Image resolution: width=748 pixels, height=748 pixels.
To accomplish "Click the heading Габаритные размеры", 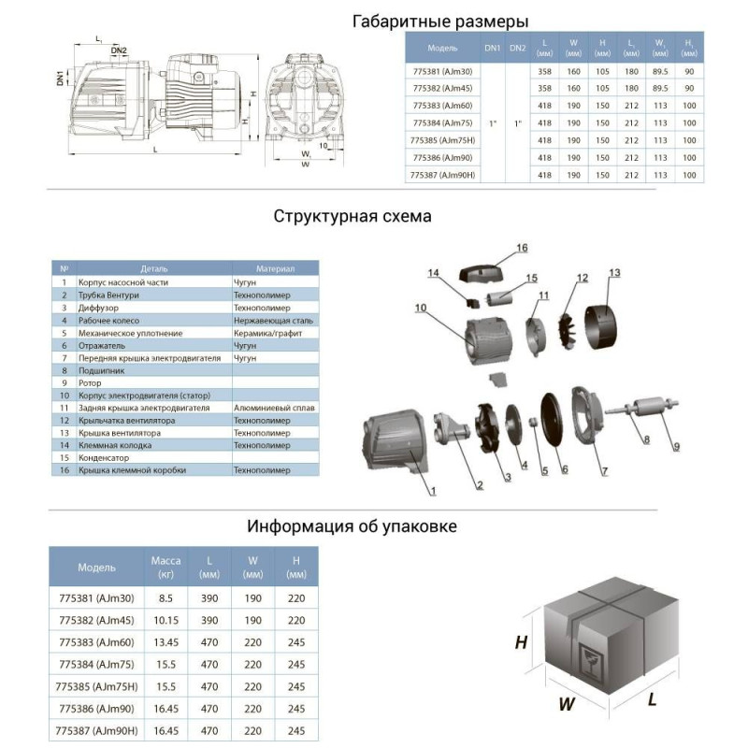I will [440, 22].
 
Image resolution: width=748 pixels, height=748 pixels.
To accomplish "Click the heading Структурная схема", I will [352, 217].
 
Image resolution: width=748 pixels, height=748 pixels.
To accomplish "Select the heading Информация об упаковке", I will [352, 525].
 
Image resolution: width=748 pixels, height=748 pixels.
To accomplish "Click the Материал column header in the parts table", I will [274, 268].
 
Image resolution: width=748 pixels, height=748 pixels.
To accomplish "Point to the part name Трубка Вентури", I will [112, 295].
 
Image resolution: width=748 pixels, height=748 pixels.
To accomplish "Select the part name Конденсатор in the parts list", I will [104, 458].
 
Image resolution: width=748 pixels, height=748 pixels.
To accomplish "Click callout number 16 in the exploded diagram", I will [521, 249].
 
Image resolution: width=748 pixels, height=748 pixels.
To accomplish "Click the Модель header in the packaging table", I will [97, 567].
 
